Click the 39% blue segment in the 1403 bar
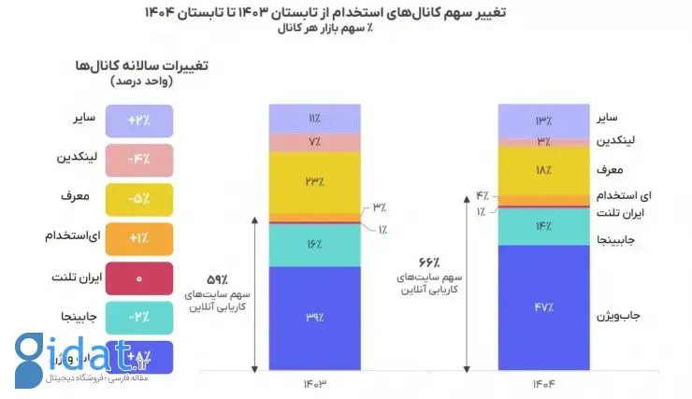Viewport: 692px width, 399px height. [314, 318]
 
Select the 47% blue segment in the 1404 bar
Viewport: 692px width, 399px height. [543, 306]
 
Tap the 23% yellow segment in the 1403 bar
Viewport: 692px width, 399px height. [314, 182]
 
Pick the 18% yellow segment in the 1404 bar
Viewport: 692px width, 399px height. [543, 170]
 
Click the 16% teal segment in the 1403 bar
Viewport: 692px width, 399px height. [314, 245]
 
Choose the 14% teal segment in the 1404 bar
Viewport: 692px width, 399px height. [543, 225]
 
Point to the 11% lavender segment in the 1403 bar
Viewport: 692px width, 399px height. [314, 119]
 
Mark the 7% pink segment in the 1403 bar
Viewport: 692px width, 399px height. [314, 142]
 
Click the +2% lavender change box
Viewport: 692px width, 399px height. [138, 120]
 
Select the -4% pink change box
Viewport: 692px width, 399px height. [138, 159]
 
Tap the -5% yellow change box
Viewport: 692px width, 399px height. [138, 198]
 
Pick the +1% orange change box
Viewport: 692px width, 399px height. [138, 237]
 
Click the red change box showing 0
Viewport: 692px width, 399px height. [138, 278]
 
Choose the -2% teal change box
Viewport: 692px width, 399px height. [138, 317]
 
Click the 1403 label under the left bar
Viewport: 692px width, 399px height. [314, 383]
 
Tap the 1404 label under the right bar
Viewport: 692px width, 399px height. [543, 383]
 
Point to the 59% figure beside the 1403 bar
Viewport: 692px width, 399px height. [217, 278]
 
